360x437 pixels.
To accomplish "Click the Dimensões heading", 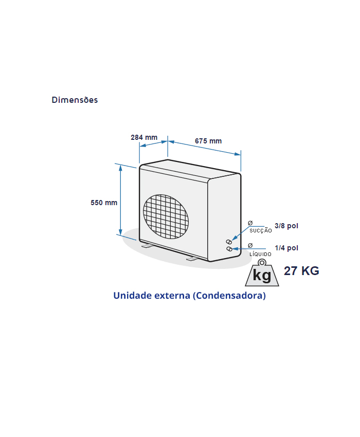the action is click(x=75, y=100).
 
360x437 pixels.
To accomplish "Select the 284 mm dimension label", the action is click(x=144, y=137).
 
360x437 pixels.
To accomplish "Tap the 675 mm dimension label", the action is click(x=208, y=141).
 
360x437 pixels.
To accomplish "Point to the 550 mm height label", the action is click(x=104, y=203).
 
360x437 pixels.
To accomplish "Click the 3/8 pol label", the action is click(x=286, y=226).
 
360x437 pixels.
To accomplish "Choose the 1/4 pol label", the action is click(x=286, y=248).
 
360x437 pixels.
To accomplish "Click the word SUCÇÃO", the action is click(x=260, y=230).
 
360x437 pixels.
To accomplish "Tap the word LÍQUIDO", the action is click(x=260, y=254).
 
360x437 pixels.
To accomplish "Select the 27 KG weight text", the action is click(x=301, y=271).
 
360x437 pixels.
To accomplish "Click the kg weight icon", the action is click(x=262, y=273).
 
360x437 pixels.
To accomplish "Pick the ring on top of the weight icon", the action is click(x=262, y=262).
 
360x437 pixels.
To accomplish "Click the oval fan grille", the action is click(x=166, y=216).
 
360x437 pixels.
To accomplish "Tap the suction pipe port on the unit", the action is click(x=229, y=242).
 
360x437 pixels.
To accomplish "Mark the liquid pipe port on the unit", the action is click(x=229, y=249).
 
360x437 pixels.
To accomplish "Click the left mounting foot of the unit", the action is click(x=147, y=246).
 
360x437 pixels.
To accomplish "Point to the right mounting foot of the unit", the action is click(x=192, y=259).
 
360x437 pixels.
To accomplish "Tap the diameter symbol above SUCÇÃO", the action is click(x=250, y=223).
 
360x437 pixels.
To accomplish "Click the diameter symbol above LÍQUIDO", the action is click(x=250, y=246).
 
